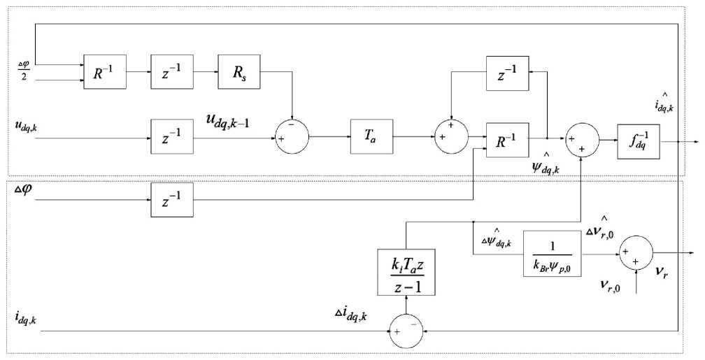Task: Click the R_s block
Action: coord(238,71)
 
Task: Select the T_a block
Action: coord(371,137)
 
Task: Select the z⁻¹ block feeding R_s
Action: coord(171,71)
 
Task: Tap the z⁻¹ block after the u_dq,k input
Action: coord(171,137)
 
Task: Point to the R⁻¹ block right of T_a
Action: coord(508,137)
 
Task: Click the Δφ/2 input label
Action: coord(23,70)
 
